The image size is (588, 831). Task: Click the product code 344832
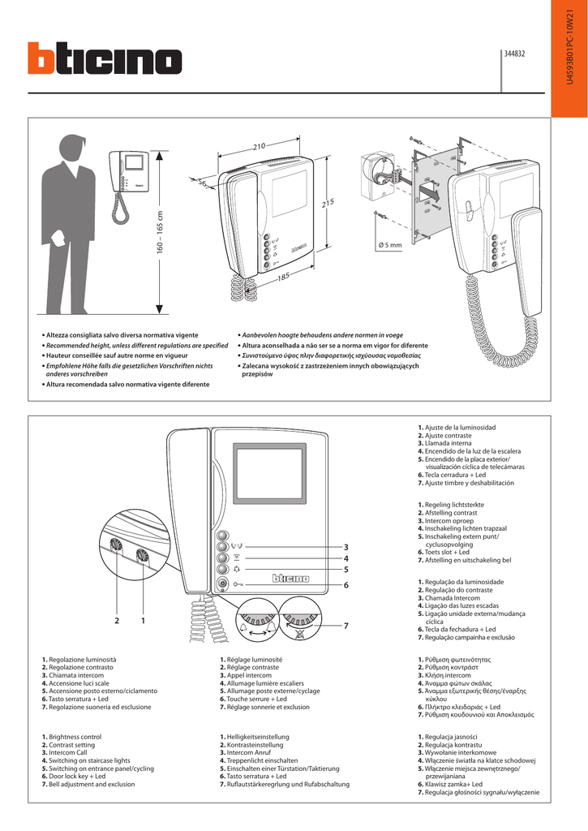515,54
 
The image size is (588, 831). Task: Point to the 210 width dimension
259,146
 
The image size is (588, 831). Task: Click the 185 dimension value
283,278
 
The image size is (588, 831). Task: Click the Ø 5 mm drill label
390,245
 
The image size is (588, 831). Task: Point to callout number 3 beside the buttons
345,546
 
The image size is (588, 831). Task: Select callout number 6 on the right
345,584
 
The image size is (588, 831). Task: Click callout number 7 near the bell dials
345,626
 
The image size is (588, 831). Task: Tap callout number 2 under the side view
117,621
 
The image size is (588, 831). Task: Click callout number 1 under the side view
143,621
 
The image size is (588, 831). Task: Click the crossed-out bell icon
299,631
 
